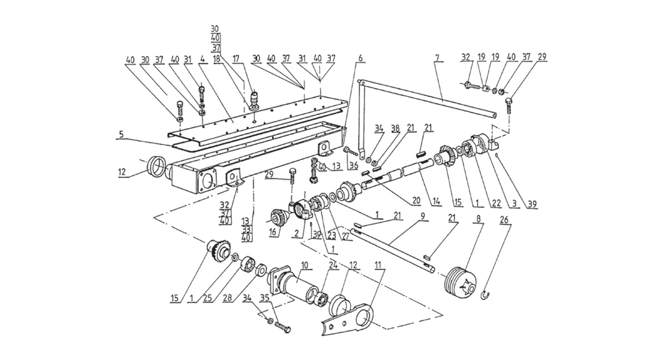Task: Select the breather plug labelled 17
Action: coord(255,100)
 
